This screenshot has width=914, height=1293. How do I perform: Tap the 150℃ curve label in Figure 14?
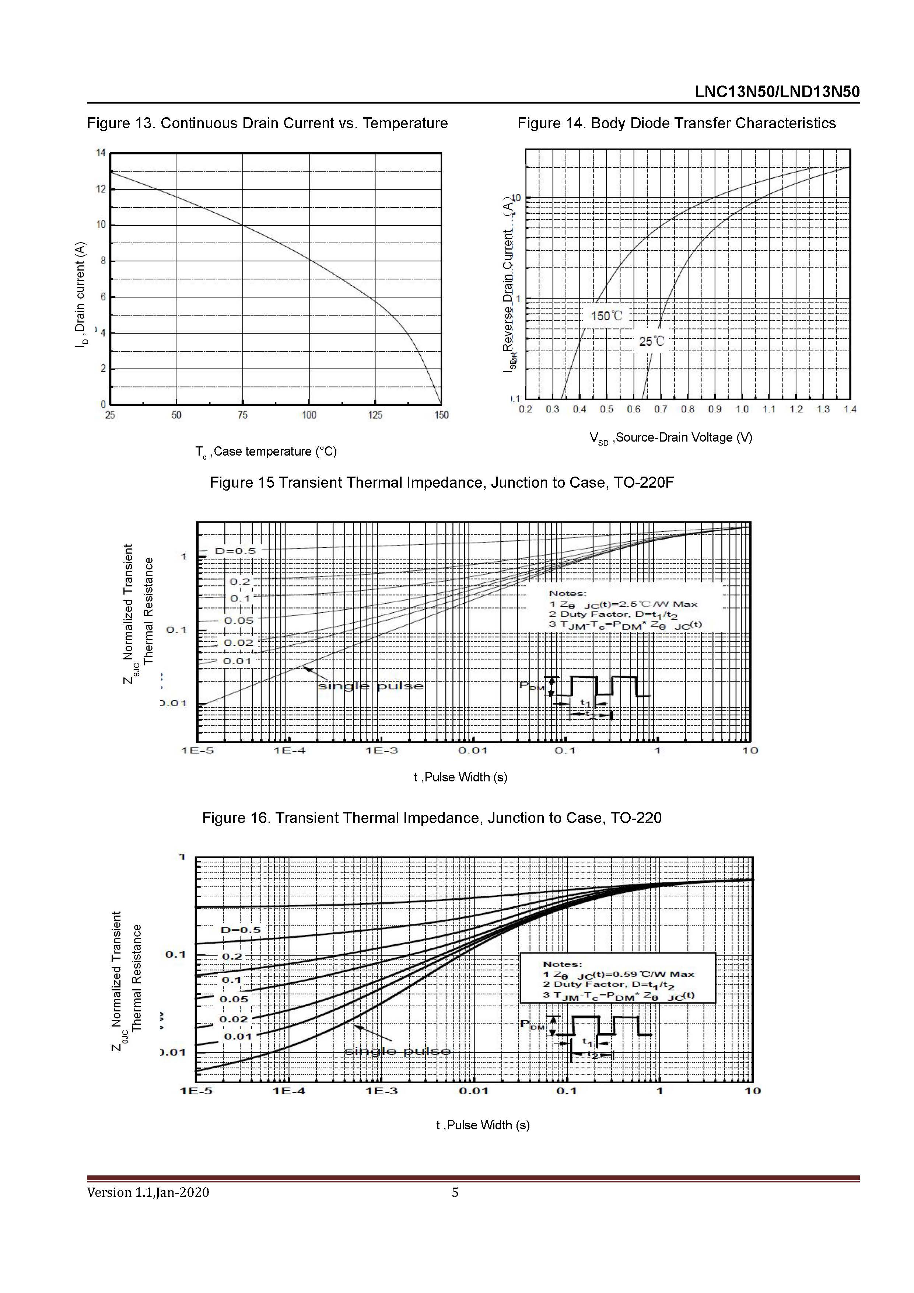point(607,316)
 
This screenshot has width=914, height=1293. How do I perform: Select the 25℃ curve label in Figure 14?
point(651,341)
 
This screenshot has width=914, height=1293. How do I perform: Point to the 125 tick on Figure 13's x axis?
point(375,415)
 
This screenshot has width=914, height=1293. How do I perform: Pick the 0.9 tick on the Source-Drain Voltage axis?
point(715,409)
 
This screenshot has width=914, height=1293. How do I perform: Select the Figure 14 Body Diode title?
point(676,123)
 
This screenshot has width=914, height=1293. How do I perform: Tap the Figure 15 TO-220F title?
point(441,482)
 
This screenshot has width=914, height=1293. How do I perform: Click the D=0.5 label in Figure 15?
point(235,551)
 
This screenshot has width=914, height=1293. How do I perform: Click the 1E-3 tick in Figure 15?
point(382,751)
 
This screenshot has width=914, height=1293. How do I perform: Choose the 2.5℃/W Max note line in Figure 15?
point(623,604)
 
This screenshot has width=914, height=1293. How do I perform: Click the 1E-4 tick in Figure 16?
point(289,1091)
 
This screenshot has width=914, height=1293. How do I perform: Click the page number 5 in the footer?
point(455,1192)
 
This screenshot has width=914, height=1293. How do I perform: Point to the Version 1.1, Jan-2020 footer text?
point(148,1192)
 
